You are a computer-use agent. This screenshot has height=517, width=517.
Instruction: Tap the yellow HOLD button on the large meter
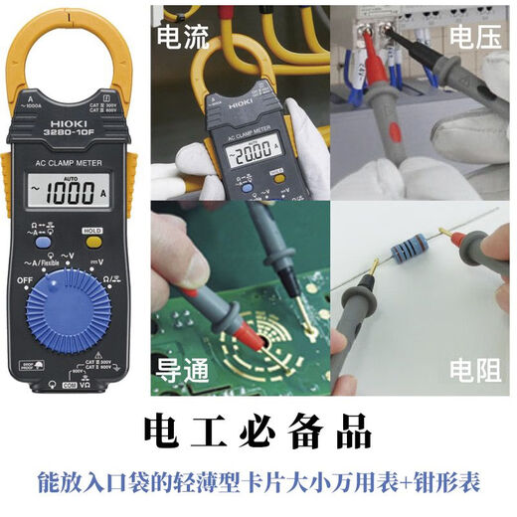point(92,230)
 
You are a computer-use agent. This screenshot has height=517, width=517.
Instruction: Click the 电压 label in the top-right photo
point(473,38)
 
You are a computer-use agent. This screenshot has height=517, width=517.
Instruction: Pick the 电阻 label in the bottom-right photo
point(473,371)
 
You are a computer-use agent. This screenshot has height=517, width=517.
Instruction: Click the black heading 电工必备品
point(258,434)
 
